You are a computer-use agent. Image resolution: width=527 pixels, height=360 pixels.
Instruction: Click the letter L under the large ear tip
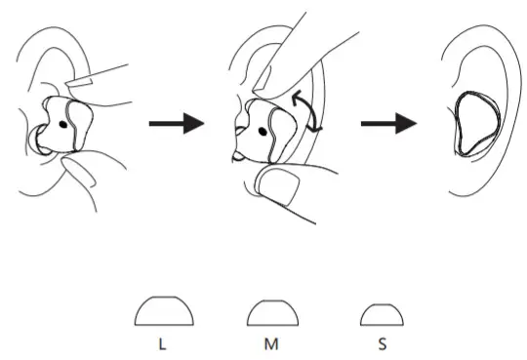click(x=163, y=344)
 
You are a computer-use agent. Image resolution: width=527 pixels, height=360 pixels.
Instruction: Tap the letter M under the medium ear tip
click(x=271, y=344)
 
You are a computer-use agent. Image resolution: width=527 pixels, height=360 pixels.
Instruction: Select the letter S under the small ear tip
click(x=382, y=344)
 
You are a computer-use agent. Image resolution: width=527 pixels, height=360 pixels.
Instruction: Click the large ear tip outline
click(x=163, y=312)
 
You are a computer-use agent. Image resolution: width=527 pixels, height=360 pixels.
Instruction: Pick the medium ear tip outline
click(x=271, y=314)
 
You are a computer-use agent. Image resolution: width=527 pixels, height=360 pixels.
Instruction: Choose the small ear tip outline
click(x=382, y=315)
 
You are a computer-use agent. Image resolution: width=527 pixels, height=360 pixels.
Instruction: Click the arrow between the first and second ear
click(x=177, y=124)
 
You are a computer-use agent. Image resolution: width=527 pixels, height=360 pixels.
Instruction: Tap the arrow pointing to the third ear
click(x=388, y=124)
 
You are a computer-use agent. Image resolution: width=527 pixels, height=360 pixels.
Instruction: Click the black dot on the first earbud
click(x=63, y=124)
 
